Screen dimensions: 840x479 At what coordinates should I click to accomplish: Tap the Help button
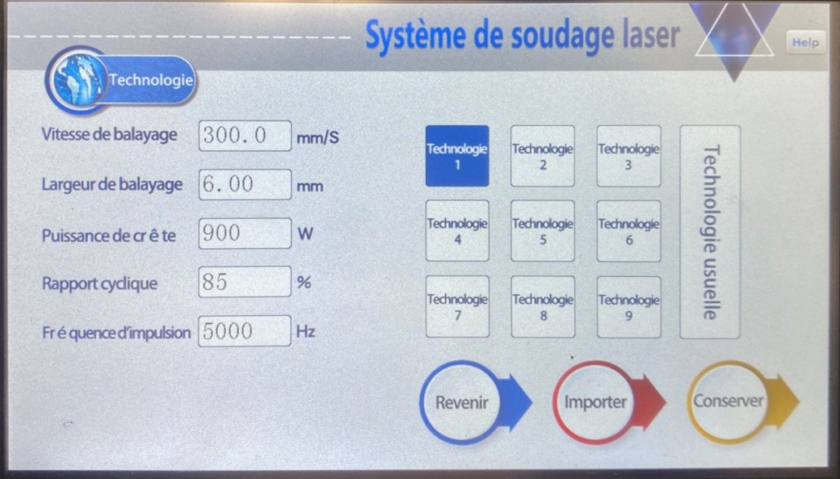805,42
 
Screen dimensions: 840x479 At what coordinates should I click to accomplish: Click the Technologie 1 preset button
457,156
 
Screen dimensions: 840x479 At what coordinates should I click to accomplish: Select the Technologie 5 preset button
543,231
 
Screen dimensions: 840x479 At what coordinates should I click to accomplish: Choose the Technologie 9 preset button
629,307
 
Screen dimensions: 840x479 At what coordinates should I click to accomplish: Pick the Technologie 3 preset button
629,156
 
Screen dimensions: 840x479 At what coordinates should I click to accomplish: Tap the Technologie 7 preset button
457,307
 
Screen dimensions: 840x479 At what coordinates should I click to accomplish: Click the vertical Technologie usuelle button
710,232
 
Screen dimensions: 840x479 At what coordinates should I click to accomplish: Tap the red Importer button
609,402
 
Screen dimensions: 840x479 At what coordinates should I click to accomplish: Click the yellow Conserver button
743,401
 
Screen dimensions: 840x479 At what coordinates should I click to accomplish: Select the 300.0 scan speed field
245,135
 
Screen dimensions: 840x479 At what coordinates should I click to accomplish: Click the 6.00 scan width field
245,184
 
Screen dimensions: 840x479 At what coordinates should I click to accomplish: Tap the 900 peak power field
245,233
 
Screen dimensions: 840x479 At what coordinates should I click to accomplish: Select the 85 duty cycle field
245,281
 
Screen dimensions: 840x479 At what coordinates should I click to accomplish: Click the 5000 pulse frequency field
245,330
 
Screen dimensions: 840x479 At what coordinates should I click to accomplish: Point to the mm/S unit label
317,138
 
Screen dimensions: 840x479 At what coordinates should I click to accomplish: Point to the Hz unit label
306,331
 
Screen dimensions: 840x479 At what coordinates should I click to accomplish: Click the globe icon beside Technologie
79,80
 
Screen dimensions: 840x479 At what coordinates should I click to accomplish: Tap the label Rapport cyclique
100,284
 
